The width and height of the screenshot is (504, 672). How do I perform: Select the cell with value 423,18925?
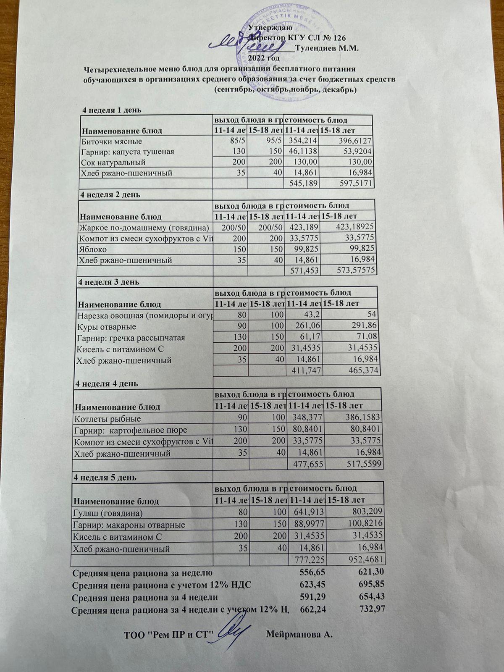353,228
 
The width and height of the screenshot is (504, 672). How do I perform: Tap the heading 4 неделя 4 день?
106,383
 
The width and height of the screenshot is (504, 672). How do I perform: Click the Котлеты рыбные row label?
108,419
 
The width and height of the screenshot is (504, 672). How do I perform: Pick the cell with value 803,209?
367,513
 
